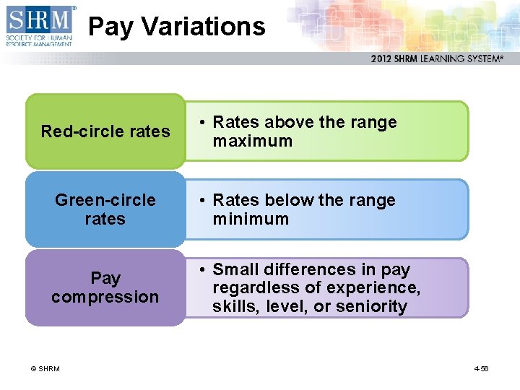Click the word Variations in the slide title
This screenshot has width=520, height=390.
coord(204,27)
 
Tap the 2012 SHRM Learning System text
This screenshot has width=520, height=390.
coord(436,58)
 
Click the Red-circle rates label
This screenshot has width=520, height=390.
coord(105,131)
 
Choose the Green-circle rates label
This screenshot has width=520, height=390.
coord(105,209)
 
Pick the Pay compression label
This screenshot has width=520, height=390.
coord(105,287)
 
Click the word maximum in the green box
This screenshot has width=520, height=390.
coord(252,142)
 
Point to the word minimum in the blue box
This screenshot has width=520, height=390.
coord(250,220)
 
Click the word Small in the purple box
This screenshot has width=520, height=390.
coord(235,270)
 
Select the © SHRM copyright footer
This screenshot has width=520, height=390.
coord(45,369)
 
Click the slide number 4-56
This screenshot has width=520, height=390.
coord(481,369)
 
